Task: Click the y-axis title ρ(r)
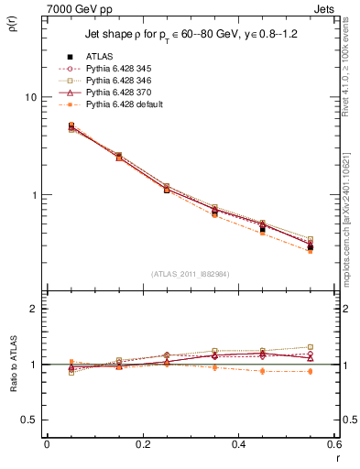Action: click(x=12, y=30)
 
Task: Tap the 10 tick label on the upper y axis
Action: click(x=29, y=97)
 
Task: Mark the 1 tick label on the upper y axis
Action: click(x=32, y=195)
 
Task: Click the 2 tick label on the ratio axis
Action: click(x=32, y=309)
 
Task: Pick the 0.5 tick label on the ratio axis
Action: click(x=28, y=420)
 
